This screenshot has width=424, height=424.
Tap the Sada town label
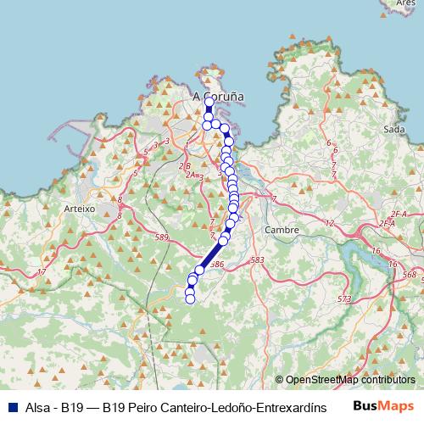pyautogui.click(x=393, y=129)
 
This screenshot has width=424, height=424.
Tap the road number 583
pyautogui.click(x=259, y=260)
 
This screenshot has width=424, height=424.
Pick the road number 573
pyautogui.click(x=343, y=299)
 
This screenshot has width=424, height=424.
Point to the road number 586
pyautogui.click(x=215, y=265)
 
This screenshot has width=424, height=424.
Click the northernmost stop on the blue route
pyautogui.click(x=209, y=102)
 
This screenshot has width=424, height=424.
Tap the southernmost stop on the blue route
pyautogui.click(x=190, y=298)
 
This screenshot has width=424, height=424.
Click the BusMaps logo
pyautogui.click(x=382, y=406)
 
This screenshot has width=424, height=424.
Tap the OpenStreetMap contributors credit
pyautogui.click(x=350, y=380)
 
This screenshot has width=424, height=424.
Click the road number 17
pyautogui.click(x=393, y=265)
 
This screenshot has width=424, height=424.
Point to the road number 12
pyautogui.click(x=329, y=223)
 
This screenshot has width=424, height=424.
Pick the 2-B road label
pyautogui.click(x=185, y=166)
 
